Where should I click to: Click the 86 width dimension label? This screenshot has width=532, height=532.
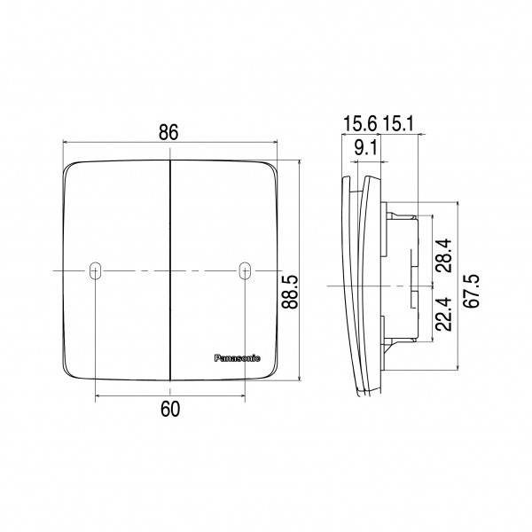tap(169, 132)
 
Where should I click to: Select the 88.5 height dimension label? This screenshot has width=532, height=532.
tap(289, 289)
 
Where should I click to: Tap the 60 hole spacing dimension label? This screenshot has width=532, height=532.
tap(170, 409)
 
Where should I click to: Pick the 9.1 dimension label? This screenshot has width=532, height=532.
tap(366, 149)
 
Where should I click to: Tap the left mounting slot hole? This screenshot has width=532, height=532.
tap(95, 270)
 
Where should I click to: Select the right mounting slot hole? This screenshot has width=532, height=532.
tap(245, 270)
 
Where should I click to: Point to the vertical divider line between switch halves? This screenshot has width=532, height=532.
tap(169, 266)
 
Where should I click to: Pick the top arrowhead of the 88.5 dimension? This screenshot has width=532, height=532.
tap(299, 164)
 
